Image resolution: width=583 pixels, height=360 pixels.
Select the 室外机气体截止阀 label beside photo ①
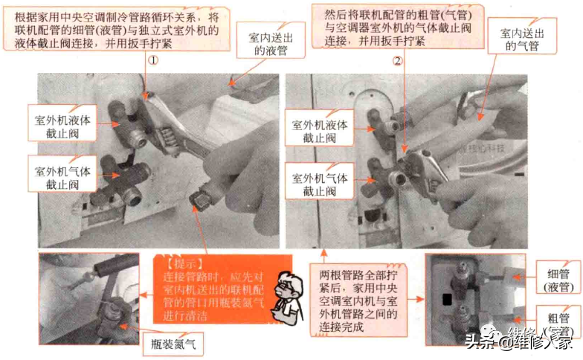pyautogui.click(x=62, y=177)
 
